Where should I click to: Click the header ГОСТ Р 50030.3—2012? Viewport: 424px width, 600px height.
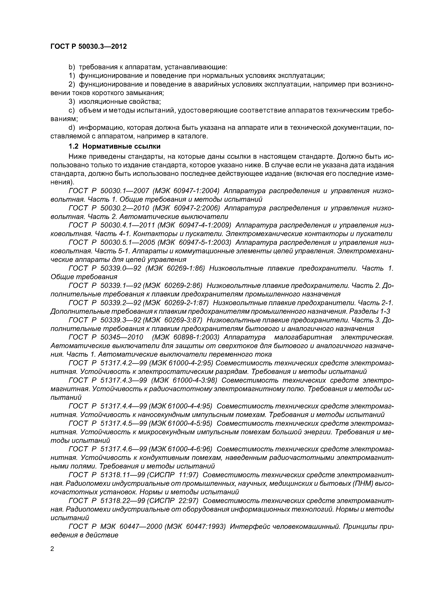[89, 47]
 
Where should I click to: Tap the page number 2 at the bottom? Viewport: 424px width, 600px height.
[52, 549]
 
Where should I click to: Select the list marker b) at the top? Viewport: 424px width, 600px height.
[72, 67]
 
